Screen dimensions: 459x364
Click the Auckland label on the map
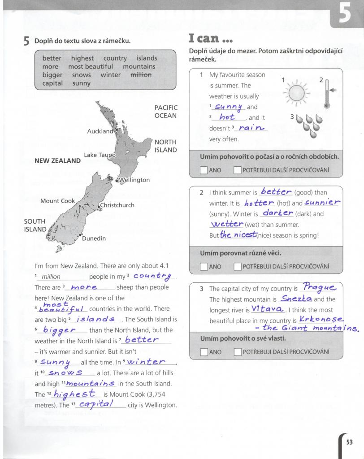100,131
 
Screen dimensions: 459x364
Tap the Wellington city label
134,180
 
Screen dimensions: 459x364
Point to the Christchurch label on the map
117,205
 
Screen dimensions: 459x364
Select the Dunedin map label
94,238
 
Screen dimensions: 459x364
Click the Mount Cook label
58,201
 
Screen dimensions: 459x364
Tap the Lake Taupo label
100,155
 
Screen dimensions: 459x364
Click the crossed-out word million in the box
141,75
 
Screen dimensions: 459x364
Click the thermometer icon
327,94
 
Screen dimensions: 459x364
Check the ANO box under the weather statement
204,170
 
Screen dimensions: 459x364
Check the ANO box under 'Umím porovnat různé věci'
204,266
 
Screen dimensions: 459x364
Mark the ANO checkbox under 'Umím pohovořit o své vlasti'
204,352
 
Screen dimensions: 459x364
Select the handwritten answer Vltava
267,309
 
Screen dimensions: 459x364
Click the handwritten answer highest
74,394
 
